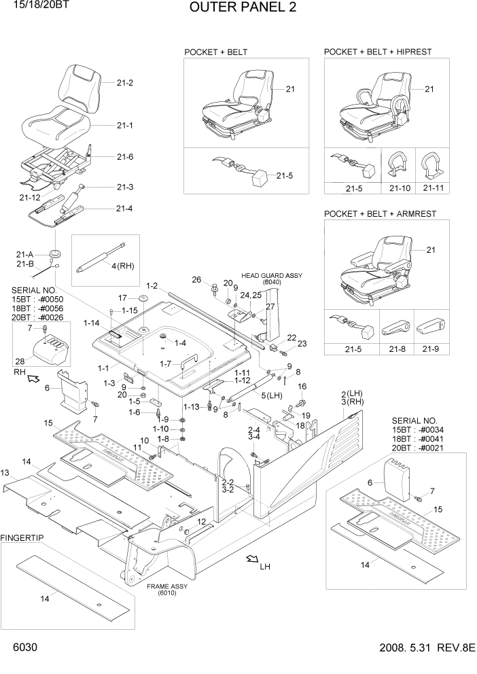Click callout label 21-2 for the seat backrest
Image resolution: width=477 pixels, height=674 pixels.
click(124, 84)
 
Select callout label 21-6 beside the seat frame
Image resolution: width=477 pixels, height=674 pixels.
click(124, 157)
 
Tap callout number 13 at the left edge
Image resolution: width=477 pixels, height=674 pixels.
click(5, 473)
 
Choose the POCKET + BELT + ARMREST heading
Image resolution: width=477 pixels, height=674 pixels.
click(380, 214)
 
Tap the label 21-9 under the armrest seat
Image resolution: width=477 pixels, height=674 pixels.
click(431, 350)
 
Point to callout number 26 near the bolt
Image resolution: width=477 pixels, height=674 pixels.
click(196, 280)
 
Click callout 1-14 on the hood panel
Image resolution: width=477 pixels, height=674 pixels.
click(92, 323)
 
